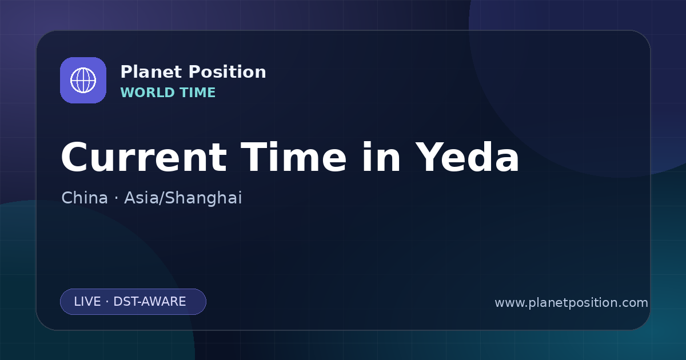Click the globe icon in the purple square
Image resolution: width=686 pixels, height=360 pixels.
[83, 80]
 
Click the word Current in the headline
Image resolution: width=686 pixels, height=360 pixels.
[144, 157]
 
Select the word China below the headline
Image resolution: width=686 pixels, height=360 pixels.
[85, 198]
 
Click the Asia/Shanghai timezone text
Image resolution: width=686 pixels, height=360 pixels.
[183, 198]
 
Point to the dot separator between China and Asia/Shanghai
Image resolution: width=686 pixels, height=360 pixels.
[116, 198]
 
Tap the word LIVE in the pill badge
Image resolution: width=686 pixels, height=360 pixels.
[87, 302]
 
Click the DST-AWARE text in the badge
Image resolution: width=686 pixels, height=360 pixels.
[150, 302]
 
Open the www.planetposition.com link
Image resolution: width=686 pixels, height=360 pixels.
[572, 303]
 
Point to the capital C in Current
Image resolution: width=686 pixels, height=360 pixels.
[74, 157]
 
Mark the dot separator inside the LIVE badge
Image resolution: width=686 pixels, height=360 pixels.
[107, 302]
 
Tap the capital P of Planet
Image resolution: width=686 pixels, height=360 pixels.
[126, 72]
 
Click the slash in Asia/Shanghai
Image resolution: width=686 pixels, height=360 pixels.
[162, 198]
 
